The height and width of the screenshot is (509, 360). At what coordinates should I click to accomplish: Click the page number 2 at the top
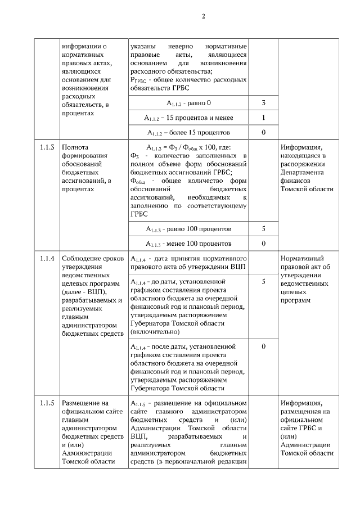[x=203, y=16]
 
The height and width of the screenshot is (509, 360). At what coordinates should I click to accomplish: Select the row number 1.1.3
[x=47, y=148]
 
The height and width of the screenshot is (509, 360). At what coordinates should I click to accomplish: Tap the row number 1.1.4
[x=47, y=258]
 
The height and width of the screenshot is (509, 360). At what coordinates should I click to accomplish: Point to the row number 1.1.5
[x=47, y=403]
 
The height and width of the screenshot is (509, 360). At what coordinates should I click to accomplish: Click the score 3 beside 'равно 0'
[x=263, y=103]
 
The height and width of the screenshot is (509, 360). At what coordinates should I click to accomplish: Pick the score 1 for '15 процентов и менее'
[x=263, y=118]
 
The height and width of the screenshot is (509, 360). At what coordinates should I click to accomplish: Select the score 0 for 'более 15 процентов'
[x=263, y=133]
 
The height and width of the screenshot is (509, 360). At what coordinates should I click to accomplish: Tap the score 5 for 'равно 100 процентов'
[x=263, y=229]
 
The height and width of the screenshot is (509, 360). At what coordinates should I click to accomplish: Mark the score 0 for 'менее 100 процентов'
[x=263, y=244]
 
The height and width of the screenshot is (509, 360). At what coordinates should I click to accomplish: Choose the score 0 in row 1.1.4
[x=263, y=346]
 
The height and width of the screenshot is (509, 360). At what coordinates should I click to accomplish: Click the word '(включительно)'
[x=155, y=332]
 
